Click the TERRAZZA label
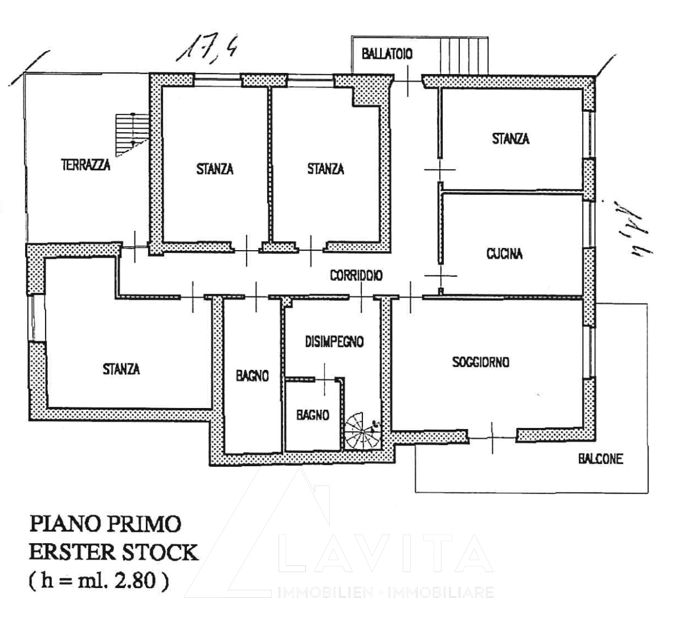coord(85,166)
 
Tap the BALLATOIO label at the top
coord(387,54)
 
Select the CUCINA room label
coord(504,254)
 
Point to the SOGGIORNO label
coord(480,362)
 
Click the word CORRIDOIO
coord(356,275)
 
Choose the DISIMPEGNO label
coord(334,341)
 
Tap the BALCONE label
coord(601,459)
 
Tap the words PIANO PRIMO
coord(105,523)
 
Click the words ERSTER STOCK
coord(114,552)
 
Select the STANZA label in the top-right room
coord(510,138)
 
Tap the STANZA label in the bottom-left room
coord(121,369)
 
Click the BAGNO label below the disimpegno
coord(312,415)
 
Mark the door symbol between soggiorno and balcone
coord(493,437)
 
